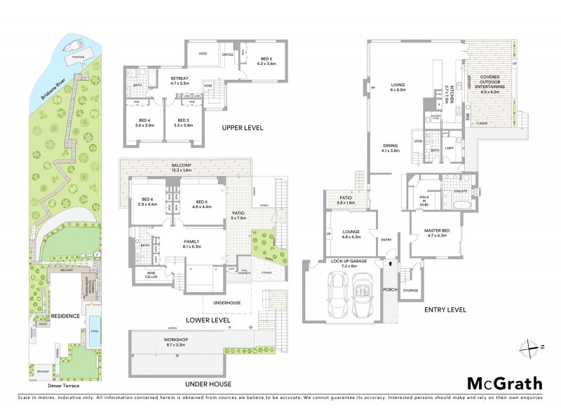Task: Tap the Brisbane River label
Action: pyautogui.click(x=53, y=82)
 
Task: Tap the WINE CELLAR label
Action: pyautogui.click(x=151, y=274)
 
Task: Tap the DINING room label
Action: pyautogui.click(x=390, y=148)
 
